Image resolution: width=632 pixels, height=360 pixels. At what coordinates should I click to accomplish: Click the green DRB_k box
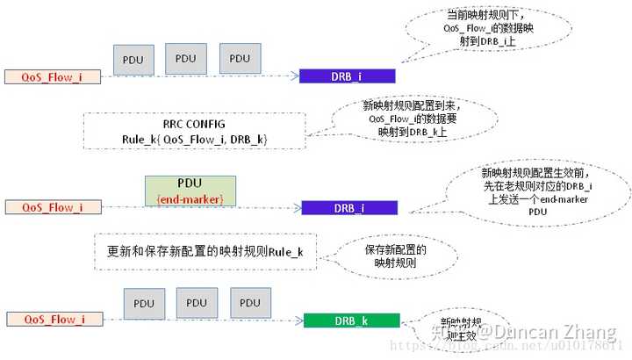click(x=351, y=320)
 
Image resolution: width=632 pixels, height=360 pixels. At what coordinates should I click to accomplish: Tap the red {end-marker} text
click(x=190, y=200)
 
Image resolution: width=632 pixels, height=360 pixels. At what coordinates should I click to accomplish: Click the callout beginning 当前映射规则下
click(x=478, y=33)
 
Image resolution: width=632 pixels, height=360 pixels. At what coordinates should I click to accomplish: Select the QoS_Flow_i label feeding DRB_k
click(x=54, y=320)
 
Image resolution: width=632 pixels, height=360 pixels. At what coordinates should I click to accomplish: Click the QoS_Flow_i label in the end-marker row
click(x=53, y=207)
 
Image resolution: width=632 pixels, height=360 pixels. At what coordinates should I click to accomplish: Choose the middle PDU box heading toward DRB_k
click(x=197, y=303)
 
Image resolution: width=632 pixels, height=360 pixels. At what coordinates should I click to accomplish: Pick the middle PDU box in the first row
click(x=186, y=59)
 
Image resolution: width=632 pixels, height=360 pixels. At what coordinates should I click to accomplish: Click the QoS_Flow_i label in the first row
click(x=53, y=76)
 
